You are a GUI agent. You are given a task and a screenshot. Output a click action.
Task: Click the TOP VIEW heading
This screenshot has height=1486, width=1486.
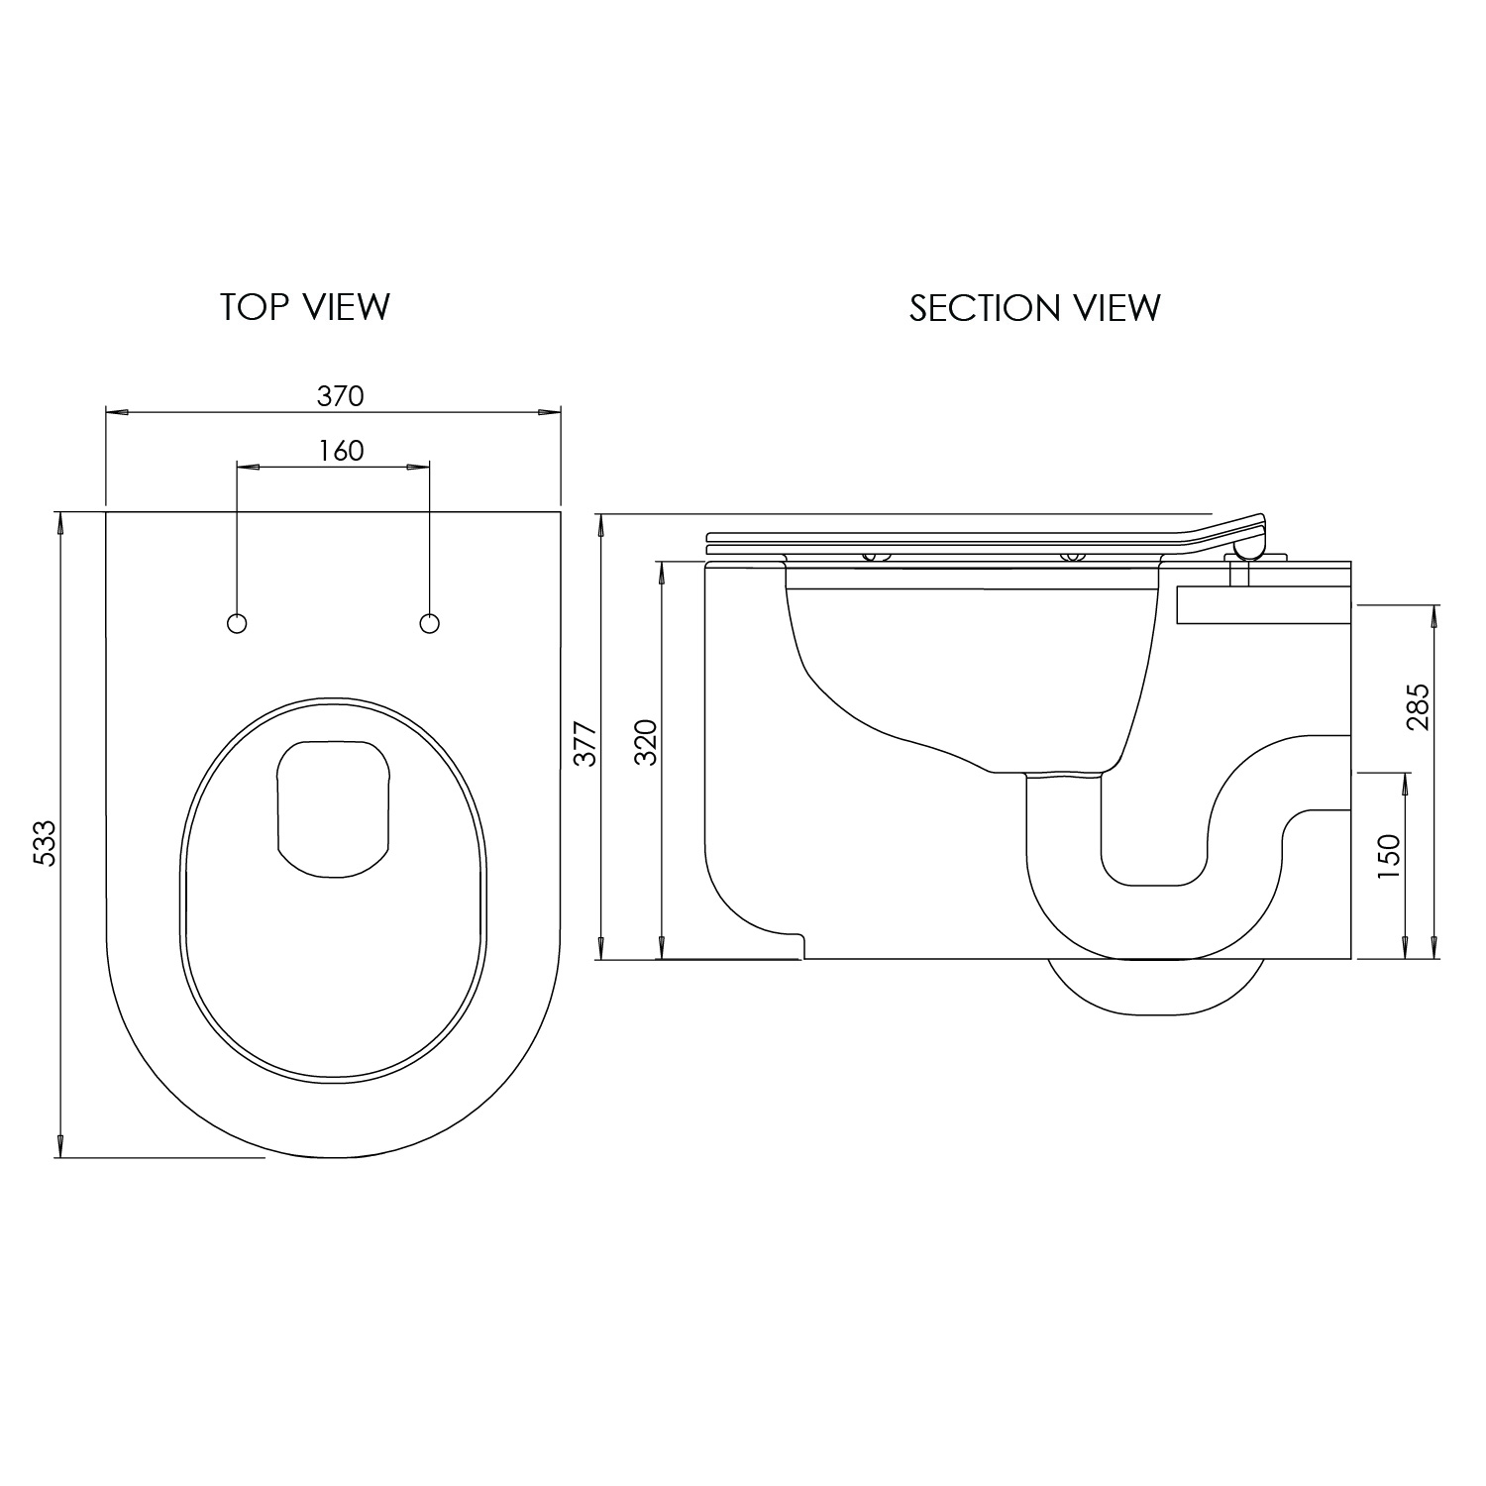click(x=305, y=307)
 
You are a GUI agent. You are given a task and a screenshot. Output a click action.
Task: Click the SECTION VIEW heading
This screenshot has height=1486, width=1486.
click(x=1034, y=308)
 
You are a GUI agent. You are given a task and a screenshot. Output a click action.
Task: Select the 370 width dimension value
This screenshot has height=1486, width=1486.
click(x=341, y=396)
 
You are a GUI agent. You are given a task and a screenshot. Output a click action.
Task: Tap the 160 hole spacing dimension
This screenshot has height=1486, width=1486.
click(x=341, y=451)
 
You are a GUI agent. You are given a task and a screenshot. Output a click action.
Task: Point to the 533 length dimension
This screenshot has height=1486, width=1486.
click(x=46, y=843)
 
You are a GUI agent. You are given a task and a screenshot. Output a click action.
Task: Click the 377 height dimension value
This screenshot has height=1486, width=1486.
click(x=585, y=743)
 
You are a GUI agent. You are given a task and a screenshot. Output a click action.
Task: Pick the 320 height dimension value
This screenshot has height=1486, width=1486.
click(x=646, y=742)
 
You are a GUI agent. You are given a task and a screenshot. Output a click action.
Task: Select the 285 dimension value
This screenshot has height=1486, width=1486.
click(x=1418, y=706)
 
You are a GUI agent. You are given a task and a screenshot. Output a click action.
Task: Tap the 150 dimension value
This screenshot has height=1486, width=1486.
click(x=1389, y=857)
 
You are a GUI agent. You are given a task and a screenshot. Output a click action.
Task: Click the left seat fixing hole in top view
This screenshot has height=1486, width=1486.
click(x=237, y=623)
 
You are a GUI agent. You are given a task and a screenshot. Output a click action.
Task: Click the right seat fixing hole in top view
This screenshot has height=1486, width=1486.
click(x=429, y=623)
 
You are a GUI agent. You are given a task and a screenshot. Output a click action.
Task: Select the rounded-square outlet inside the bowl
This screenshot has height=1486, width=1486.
click(x=334, y=808)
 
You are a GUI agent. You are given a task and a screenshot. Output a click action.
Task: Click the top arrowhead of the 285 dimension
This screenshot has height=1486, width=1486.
click(x=1433, y=615)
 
